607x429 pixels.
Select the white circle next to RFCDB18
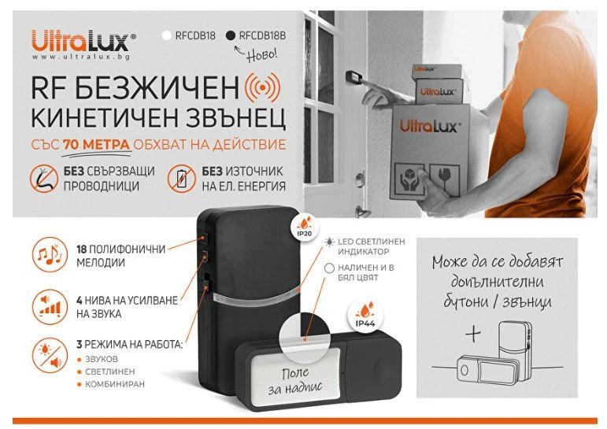[167, 35]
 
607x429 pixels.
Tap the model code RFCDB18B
[262, 35]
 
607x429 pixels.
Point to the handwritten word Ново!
[262, 54]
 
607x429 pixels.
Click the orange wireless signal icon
[263, 88]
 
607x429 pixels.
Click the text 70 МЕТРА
[96, 144]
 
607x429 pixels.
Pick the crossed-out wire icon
[44, 179]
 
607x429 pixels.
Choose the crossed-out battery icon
[182, 179]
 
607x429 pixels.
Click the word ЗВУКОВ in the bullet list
[102, 359]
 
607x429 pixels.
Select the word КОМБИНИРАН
[115, 384]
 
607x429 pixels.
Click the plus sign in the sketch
[473, 334]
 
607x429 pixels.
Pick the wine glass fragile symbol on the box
[444, 179]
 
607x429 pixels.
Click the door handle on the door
[361, 179]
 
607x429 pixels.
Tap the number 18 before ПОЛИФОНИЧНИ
[82, 249]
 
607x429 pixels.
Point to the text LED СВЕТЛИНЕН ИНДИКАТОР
[372, 246]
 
